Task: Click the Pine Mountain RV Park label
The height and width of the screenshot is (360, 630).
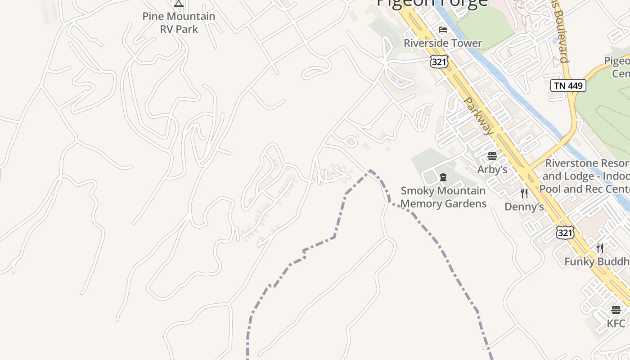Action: tap(179, 22)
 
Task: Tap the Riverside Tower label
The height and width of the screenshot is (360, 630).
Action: tap(443, 43)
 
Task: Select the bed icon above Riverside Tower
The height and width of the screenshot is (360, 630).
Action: tap(443, 30)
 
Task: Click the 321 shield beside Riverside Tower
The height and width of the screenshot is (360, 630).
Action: tap(439, 62)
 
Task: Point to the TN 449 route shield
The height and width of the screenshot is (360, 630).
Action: tap(568, 85)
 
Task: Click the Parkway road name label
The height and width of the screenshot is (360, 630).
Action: tap(479, 116)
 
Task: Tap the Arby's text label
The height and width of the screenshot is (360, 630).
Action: tap(492, 169)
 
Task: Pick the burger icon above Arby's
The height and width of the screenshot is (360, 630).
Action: tap(492, 156)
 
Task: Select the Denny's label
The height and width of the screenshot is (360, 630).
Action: tap(524, 207)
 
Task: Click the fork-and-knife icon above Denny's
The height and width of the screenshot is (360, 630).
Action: tap(524, 193)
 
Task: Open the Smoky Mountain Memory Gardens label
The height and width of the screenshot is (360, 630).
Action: tap(443, 197)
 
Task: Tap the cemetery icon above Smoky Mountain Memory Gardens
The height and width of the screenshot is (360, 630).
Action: tap(443, 177)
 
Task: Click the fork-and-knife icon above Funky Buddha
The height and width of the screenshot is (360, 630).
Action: tap(600, 248)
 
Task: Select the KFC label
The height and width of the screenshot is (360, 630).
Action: tap(616, 323)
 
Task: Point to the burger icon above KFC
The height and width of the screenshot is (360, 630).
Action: tap(616, 310)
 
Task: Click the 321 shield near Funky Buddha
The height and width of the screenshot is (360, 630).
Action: tap(565, 232)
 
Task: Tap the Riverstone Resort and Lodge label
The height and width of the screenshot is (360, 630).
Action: tap(587, 175)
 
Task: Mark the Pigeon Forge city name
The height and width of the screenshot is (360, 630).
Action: tap(432, 3)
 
